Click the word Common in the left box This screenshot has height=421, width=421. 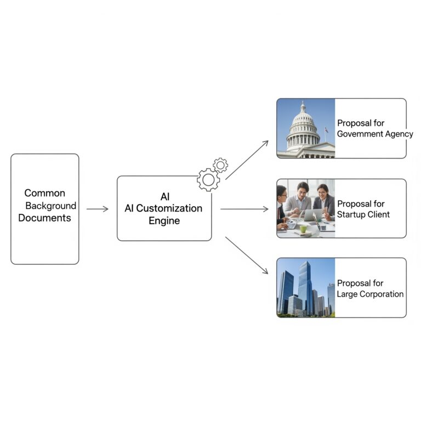pyautogui.click(x=44, y=193)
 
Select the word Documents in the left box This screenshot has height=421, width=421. pyautogui.click(x=44, y=218)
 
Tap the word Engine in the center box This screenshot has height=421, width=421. pyautogui.click(x=164, y=221)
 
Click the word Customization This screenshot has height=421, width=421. pyautogui.click(x=169, y=208)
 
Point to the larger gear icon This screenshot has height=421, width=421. pyautogui.click(x=208, y=180)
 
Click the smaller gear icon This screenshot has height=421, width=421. pyautogui.click(x=220, y=165)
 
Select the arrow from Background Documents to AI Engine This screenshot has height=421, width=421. pyautogui.click(x=98, y=209)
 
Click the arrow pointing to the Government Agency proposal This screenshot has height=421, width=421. pyautogui.click(x=247, y=160)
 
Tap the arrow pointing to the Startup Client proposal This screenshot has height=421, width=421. pyautogui.click(x=244, y=209)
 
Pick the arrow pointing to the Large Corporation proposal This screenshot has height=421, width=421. pyautogui.click(x=247, y=255)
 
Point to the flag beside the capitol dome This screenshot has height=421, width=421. pyautogui.click(x=327, y=130)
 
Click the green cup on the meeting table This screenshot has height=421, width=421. pyautogui.click(x=303, y=229)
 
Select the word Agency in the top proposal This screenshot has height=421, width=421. pyautogui.click(x=399, y=134)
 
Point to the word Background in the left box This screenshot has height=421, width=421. pyautogui.click(x=51, y=206)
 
